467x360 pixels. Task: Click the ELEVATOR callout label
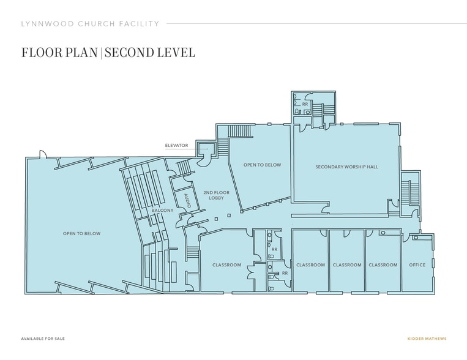[177, 146]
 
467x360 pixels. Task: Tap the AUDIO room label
[187, 201]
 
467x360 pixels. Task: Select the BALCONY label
[162, 211]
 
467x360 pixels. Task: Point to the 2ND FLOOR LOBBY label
[216, 195]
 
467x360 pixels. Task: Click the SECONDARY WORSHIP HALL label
[346, 167]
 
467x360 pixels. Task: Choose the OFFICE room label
[417, 265]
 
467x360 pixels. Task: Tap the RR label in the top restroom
[305, 104]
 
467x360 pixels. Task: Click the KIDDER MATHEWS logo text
[427, 339]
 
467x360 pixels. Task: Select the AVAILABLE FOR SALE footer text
[43, 339]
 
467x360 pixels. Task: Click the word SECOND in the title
[129, 53]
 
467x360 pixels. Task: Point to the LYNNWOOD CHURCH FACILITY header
[90, 24]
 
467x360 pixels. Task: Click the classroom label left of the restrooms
[226, 265]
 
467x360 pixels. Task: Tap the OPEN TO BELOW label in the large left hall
[81, 234]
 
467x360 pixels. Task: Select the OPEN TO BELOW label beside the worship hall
[262, 165]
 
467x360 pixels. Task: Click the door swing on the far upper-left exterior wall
[43, 153]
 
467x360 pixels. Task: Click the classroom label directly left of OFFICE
[383, 265]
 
